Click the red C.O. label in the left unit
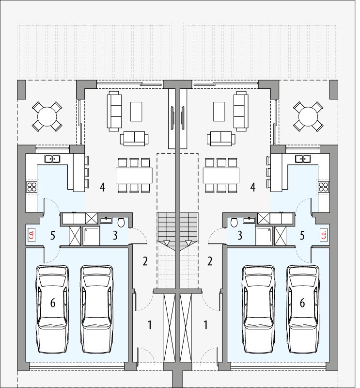[32, 235]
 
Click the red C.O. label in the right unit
[324, 235]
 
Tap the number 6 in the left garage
[53, 303]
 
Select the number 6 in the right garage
[302, 303]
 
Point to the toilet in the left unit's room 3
[121, 223]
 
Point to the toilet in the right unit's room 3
[234, 223]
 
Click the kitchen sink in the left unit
[52, 158]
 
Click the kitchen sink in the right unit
[303, 158]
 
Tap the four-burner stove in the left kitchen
[32, 188]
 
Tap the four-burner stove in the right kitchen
[323, 188]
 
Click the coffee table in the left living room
[136, 111]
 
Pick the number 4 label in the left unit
[102, 187]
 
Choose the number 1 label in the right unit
[206, 325]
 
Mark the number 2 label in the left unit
[145, 261]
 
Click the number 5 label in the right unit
[302, 236]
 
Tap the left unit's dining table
[134, 175]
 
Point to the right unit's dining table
[221, 175]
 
